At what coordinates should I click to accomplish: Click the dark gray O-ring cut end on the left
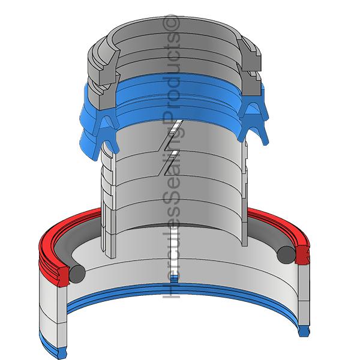pyautogui.click(x=77, y=274)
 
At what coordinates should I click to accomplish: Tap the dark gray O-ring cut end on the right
pyautogui.click(x=286, y=255)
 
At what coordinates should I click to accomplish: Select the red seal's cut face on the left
pyautogui.click(x=63, y=277)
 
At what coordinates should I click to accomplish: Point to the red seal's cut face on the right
pyautogui.click(x=302, y=255)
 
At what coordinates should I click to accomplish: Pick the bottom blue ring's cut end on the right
pyautogui.click(x=304, y=331)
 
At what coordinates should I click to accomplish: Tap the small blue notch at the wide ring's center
pyautogui.click(x=175, y=279)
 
